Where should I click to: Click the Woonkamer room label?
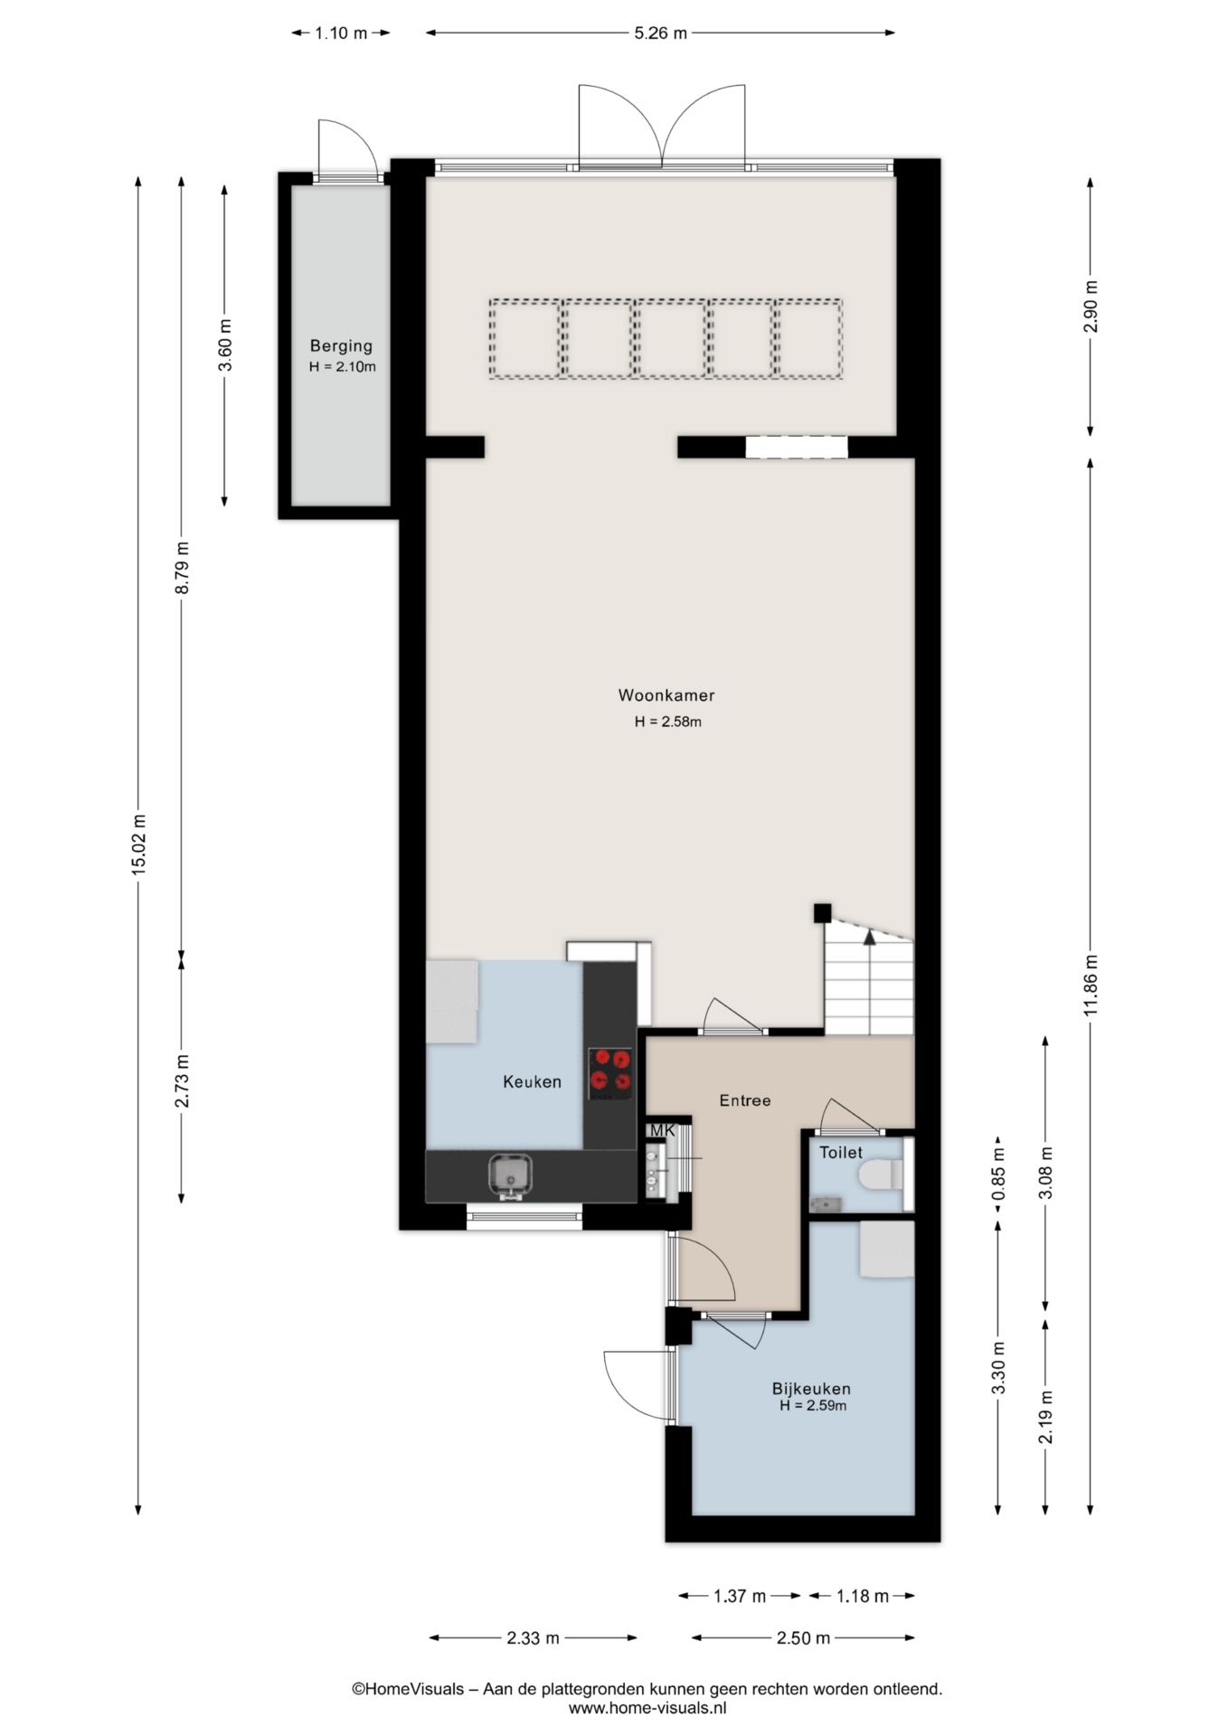pos(666,695)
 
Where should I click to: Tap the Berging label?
pos(341,345)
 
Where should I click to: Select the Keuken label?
pos(533,1081)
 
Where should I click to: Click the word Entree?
pos(745,1100)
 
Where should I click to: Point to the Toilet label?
pos(841,1153)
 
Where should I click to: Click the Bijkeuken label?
pos(811,1389)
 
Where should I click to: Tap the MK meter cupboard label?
pos(663,1130)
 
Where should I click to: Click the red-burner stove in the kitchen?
pos(610,1073)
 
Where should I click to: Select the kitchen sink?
pos(511,1175)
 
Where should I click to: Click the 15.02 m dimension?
pos(138,844)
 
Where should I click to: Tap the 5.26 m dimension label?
pos(660,33)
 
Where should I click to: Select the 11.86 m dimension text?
pos(1091,986)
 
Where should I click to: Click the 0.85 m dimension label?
pos(998,1175)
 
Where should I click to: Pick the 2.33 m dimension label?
pos(533,1637)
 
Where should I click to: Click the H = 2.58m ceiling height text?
pos(668,722)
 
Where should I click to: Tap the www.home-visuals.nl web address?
pos(647,1708)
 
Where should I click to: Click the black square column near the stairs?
pos(822,912)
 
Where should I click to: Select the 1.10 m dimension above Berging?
pos(341,33)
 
